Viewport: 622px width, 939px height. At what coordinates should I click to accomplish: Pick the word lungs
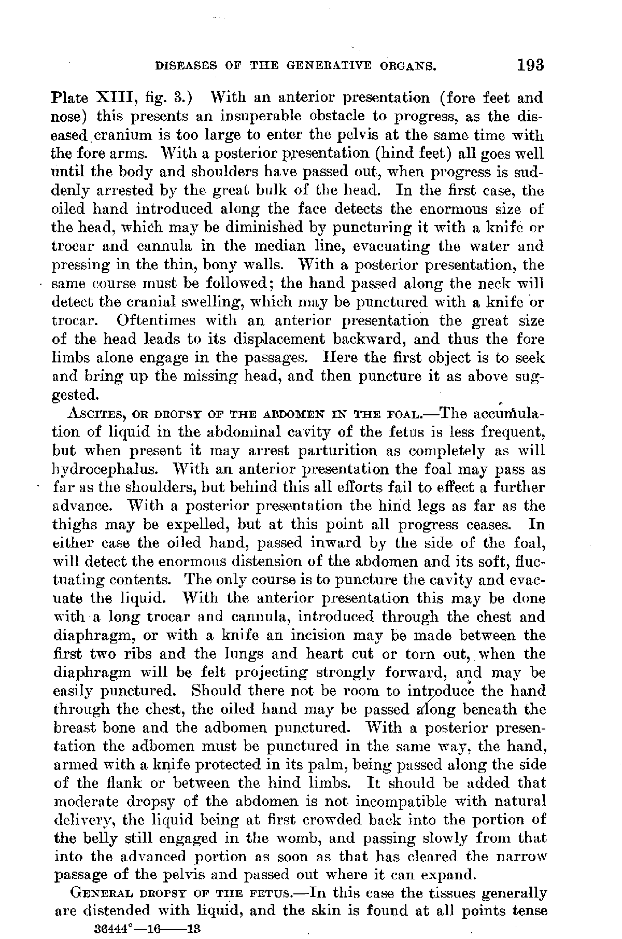[231, 654]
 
